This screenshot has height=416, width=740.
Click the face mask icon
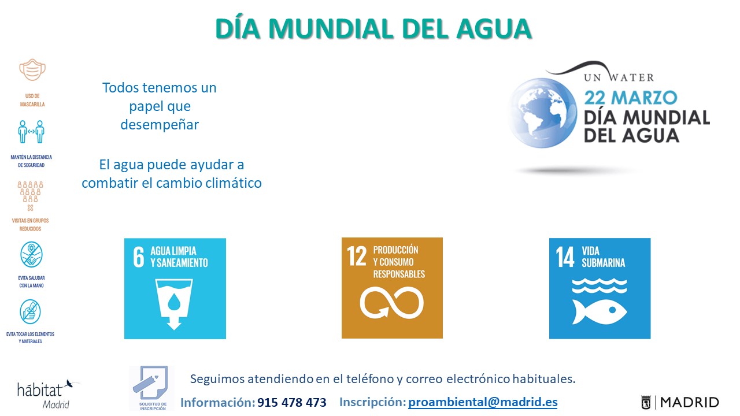pyautogui.click(x=32, y=69)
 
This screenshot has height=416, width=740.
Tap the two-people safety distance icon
pyautogui.click(x=31, y=132)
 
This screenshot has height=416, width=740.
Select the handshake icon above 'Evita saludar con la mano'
pyautogui.click(x=31, y=255)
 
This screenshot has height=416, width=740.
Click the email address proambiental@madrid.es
pyautogui.click(x=483, y=402)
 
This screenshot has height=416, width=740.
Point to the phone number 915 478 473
pyautogui.click(x=291, y=402)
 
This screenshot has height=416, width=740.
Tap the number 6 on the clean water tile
pyautogui.click(x=139, y=258)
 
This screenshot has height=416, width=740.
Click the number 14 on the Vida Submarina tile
pyautogui.click(x=565, y=258)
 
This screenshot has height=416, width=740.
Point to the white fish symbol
pyautogui.click(x=600, y=311)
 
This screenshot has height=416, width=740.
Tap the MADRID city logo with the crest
pyautogui.click(x=680, y=402)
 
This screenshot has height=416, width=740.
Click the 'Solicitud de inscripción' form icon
pyautogui.click(x=150, y=387)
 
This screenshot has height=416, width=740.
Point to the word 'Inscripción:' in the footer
pyautogui.click(x=372, y=402)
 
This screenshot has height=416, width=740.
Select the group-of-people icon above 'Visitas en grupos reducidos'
pyautogui.click(x=31, y=192)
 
